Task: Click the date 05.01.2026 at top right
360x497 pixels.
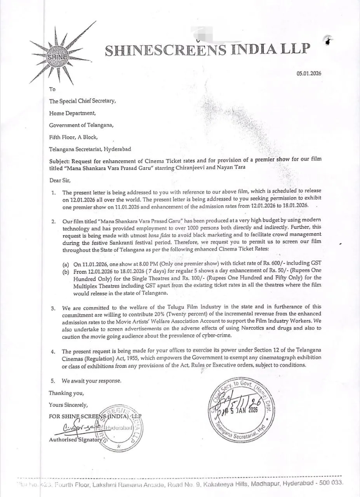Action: (309, 73)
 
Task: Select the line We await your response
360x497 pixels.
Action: (91, 381)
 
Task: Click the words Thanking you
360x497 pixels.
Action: (66, 393)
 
